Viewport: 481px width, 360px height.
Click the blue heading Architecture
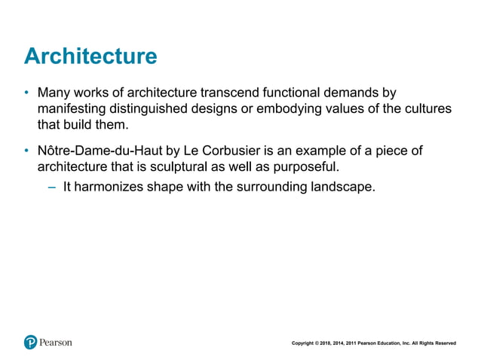[90, 56]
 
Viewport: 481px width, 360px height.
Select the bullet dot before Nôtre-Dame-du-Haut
[26, 151]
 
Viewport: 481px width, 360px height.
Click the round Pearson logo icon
[30, 342]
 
